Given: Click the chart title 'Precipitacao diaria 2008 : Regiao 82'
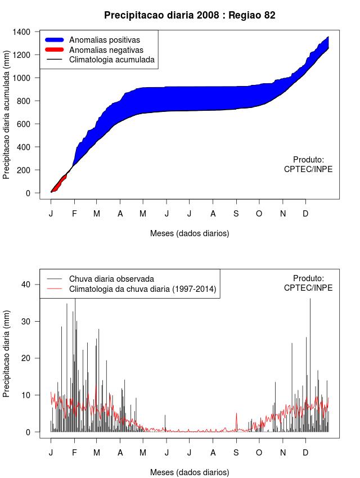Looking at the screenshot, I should [190, 15].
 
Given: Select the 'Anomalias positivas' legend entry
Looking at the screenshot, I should [104, 40].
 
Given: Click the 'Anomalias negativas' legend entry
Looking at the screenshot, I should [106, 49].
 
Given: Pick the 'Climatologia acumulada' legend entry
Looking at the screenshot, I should [111, 59].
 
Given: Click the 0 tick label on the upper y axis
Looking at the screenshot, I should [28, 193].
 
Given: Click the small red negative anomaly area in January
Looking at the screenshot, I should [58, 183].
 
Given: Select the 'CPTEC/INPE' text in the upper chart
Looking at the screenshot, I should [308, 169].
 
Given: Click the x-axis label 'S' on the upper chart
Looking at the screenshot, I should [236, 214].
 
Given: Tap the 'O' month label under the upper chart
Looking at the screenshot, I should [259, 214].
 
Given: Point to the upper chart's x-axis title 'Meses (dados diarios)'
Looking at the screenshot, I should [190, 233].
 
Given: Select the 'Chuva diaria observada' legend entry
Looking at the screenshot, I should [111, 278].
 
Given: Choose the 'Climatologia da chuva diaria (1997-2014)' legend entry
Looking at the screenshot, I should [142, 289].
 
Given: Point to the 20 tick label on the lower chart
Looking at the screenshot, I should [25, 358].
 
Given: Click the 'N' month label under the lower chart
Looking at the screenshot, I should [283, 453].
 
